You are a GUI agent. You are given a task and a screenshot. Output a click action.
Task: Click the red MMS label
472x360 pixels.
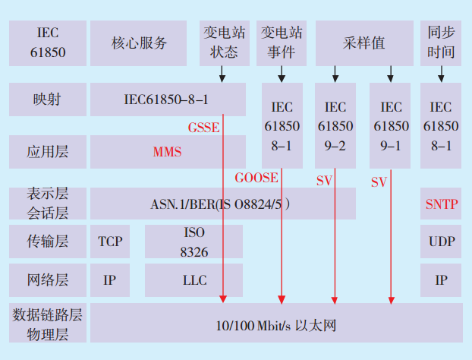[x=167, y=152]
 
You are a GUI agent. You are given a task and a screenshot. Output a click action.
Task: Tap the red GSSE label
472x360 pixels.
[x=203, y=128]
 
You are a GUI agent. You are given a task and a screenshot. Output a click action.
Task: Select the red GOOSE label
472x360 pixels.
[x=256, y=178]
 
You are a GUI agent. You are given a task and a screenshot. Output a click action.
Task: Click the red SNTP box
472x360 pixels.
[x=441, y=204]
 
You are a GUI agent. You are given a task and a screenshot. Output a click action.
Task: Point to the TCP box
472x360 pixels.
[x=110, y=242]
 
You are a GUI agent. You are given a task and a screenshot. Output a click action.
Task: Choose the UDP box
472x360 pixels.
[x=441, y=242]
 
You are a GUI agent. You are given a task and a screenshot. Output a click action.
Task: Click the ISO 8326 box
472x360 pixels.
[x=194, y=241]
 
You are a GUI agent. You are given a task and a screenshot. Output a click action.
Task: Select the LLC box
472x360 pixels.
[x=194, y=279]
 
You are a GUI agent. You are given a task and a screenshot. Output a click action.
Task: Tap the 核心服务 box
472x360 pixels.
[x=139, y=43]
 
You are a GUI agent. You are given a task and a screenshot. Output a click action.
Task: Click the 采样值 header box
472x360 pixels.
[x=364, y=43]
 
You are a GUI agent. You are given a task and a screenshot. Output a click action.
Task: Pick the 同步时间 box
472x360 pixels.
[x=441, y=43]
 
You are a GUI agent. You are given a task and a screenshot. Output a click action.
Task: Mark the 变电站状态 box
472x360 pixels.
[x=224, y=43]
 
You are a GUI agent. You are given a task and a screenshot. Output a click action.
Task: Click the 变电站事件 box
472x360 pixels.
[x=282, y=43]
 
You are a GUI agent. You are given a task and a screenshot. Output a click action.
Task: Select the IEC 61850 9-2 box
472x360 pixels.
[x=335, y=125]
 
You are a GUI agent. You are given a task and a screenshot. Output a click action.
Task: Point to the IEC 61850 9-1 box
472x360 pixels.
[x=391, y=125]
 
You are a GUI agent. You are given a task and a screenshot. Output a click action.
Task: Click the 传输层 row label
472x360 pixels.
[x=47, y=242]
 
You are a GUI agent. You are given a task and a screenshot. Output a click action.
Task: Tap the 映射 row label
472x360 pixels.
[x=47, y=99]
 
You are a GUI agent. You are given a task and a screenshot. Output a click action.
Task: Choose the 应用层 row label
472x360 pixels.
[x=47, y=152]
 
